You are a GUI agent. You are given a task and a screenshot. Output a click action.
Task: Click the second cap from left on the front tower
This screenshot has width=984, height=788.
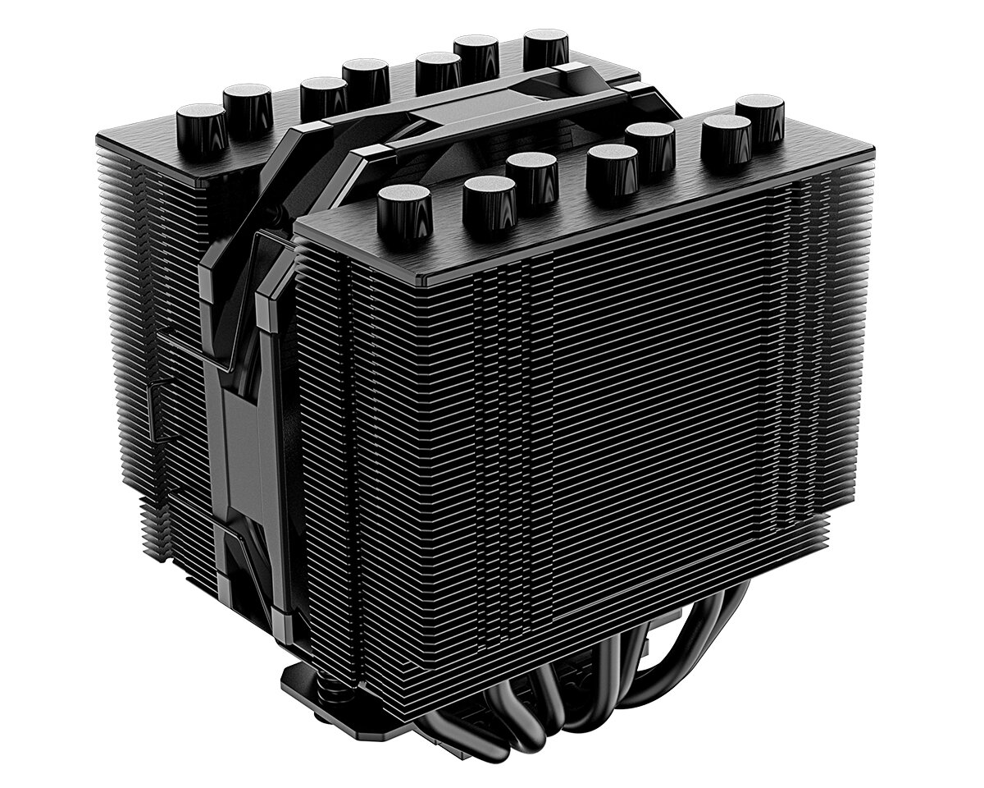coord(489,199)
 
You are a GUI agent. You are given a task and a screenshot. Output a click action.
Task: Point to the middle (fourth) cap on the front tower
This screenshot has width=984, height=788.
coord(612,168)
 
